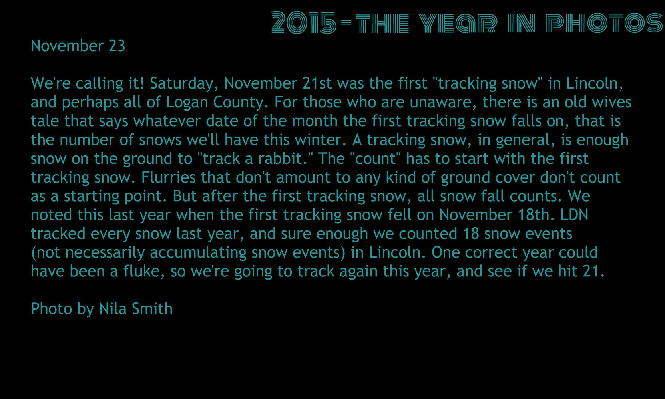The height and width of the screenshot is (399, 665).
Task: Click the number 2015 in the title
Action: [304, 22]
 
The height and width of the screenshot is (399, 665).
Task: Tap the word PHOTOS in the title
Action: [604, 23]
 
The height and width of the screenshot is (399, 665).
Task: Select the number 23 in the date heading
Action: [117, 46]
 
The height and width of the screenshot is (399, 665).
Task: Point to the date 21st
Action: [317, 83]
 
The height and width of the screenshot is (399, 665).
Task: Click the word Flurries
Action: [168, 177]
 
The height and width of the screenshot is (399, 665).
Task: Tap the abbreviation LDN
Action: [574, 215]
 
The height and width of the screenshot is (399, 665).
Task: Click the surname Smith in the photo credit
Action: [152, 309]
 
